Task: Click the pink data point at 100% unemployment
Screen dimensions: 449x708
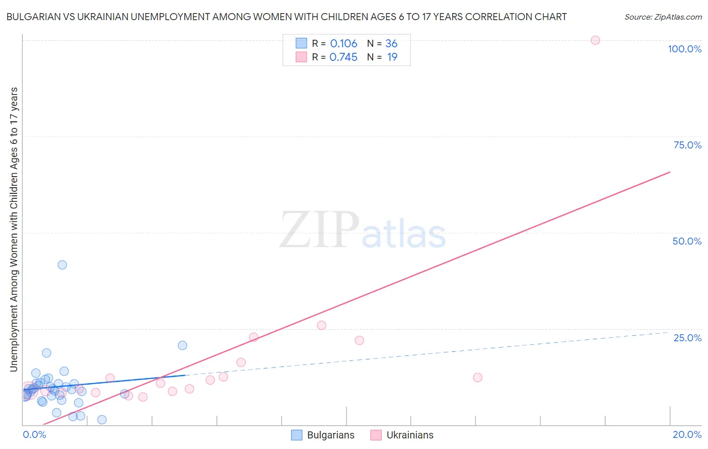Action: pyautogui.click(x=595, y=40)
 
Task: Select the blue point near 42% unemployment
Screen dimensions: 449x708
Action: pyautogui.click(x=62, y=265)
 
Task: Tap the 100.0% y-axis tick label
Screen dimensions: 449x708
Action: pyautogui.click(x=684, y=49)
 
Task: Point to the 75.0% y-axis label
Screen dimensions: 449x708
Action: pyautogui.click(x=687, y=145)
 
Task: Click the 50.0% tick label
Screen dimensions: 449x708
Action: pyautogui.click(x=687, y=241)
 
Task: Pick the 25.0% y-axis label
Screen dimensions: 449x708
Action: pyautogui.click(x=687, y=338)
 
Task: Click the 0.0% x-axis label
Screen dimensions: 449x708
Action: pyautogui.click(x=34, y=434)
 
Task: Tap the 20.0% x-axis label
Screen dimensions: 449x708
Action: pyautogui.click(x=687, y=434)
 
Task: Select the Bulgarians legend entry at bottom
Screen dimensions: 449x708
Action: pyautogui.click(x=323, y=435)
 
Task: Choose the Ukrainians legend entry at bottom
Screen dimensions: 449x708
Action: pyautogui.click(x=402, y=435)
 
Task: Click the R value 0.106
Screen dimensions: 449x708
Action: pyautogui.click(x=343, y=44)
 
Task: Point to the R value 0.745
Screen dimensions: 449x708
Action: pyautogui.click(x=343, y=57)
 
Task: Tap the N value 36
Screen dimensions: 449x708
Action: pyautogui.click(x=391, y=44)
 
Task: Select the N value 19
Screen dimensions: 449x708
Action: pyautogui.click(x=392, y=57)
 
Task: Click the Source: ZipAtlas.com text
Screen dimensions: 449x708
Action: pyautogui.click(x=663, y=17)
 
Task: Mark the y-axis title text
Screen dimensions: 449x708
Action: pyautogui.click(x=14, y=230)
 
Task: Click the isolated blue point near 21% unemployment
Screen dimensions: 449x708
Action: pyautogui.click(x=182, y=345)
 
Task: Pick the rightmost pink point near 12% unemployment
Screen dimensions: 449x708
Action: pyautogui.click(x=478, y=378)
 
